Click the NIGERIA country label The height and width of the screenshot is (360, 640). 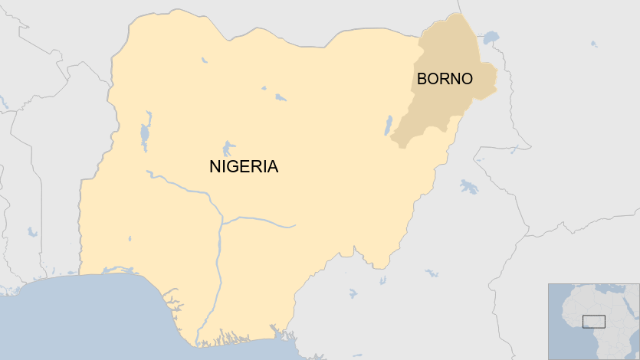click(244, 166)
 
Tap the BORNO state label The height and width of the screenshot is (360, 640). click(445, 78)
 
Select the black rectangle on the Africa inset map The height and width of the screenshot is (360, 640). click(593, 321)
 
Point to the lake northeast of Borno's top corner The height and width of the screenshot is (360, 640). click(491, 36)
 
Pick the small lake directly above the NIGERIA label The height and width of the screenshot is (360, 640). click(228, 147)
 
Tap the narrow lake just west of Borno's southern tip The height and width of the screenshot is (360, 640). click(388, 125)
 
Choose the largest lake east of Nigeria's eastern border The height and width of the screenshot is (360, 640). click(468, 186)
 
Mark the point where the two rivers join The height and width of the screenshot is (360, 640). click(222, 222)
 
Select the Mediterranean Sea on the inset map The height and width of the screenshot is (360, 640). click(606, 290)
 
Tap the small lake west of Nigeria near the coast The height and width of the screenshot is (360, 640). click(31, 231)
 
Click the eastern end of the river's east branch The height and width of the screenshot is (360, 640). click(294, 226)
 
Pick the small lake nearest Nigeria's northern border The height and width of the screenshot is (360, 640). click(204, 60)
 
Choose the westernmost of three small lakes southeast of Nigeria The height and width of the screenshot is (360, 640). click(352, 293)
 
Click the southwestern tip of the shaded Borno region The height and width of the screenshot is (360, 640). click(392, 141)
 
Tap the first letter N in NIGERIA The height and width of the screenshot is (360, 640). click(215, 166)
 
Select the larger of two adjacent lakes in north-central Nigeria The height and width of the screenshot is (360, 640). click(281, 97)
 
